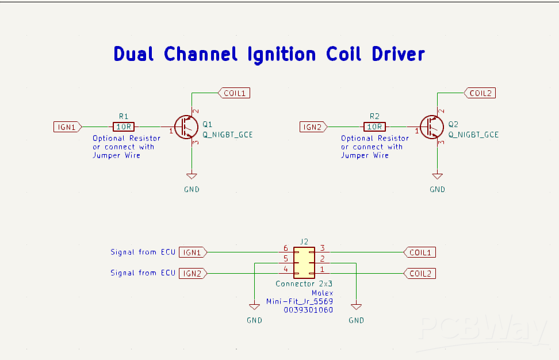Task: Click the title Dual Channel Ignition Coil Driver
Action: click(269, 54)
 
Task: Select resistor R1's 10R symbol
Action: click(124, 127)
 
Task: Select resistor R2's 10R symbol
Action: click(374, 127)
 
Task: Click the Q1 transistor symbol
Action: click(185, 127)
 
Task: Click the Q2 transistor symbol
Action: click(431, 127)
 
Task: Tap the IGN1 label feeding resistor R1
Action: click(67, 127)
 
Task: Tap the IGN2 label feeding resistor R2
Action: click(313, 127)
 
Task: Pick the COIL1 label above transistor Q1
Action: click(234, 93)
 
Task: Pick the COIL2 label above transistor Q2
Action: click(480, 93)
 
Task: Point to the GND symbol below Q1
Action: click(192, 177)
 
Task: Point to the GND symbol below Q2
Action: click(438, 177)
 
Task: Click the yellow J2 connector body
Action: click(304, 262)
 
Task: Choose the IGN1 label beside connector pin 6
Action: click(193, 252)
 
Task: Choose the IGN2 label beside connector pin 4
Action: click(193, 273)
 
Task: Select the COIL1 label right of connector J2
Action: click(419, 252)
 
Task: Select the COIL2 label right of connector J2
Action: click(419, 273)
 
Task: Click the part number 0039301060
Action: click(308, 309)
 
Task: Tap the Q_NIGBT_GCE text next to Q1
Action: click(228, 135)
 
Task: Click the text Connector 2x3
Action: click(304, 284)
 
